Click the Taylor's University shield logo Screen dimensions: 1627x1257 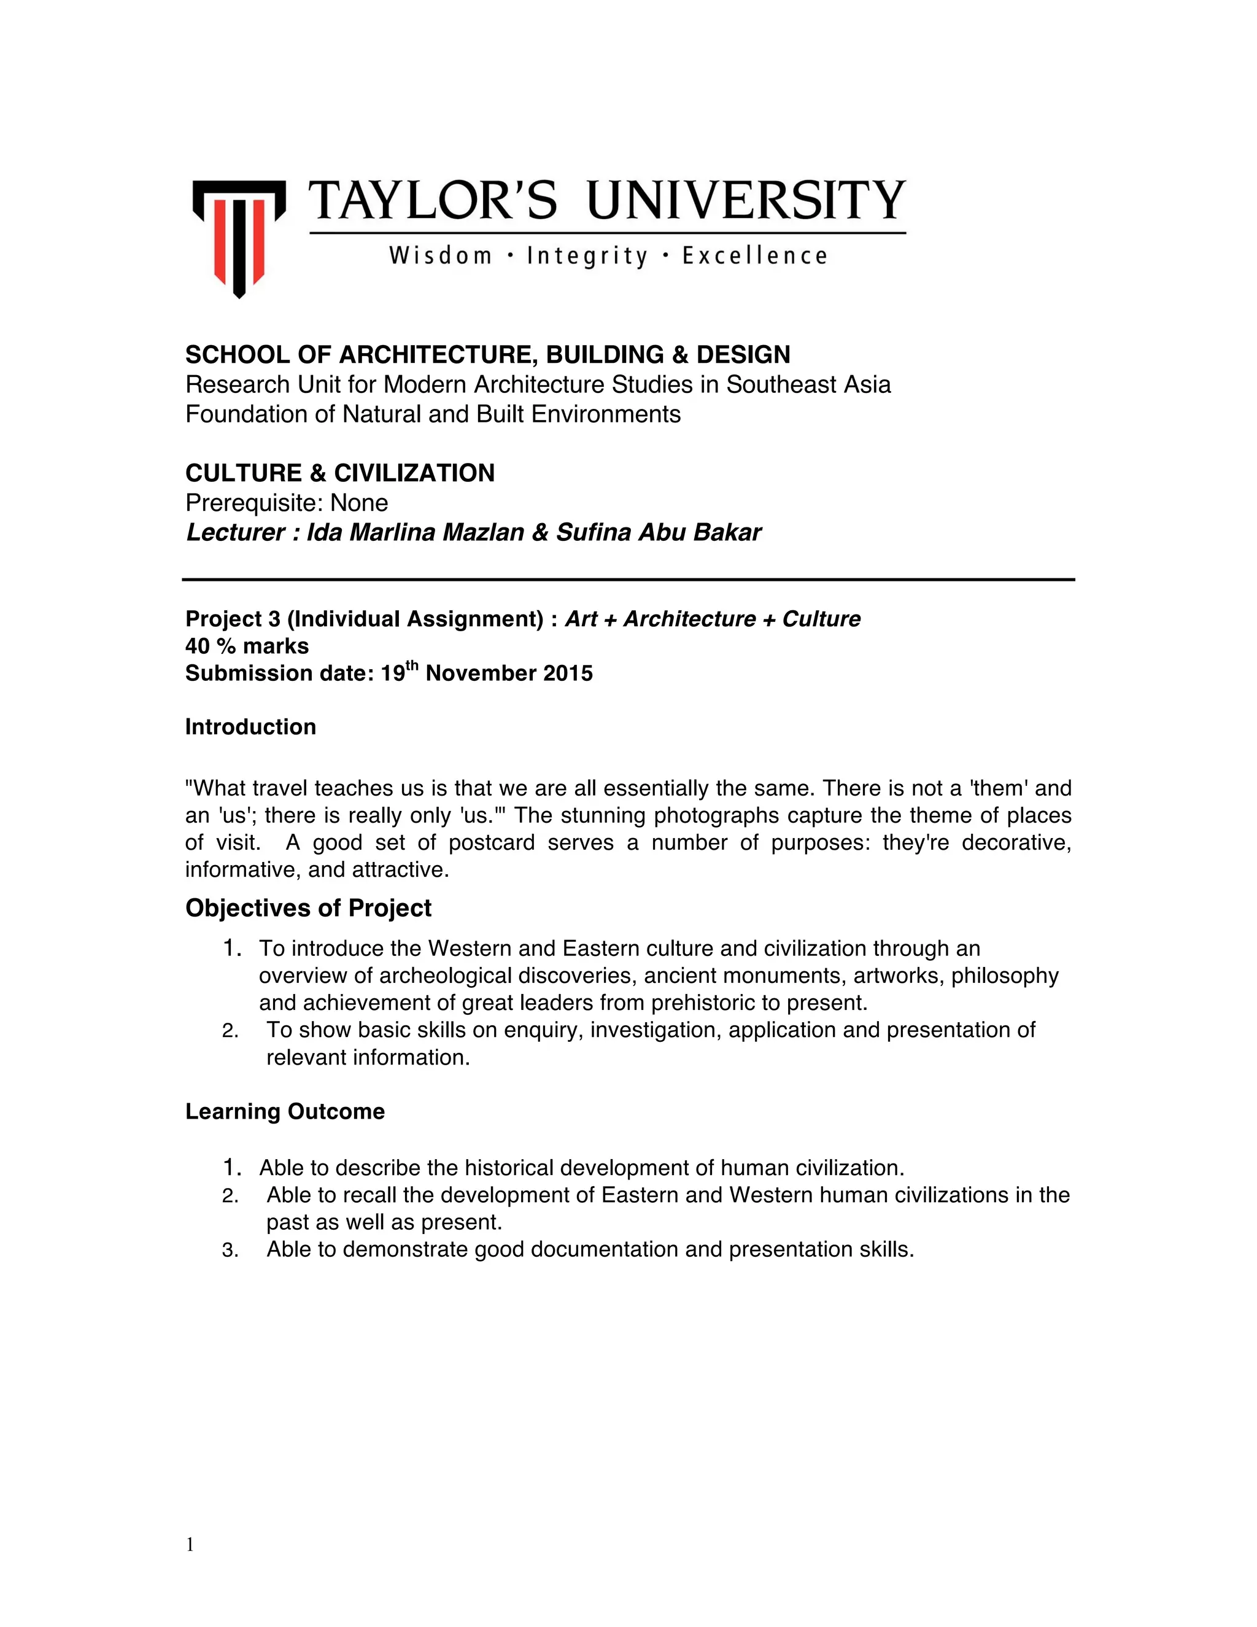tap(239, 237)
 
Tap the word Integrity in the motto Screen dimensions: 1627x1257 tap(587, 256)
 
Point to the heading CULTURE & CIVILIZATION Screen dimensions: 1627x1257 tap(339, 473)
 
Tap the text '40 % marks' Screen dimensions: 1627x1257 tap(247, 646)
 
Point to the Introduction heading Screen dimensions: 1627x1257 tap(250, 727)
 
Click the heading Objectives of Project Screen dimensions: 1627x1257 tap(308, 908)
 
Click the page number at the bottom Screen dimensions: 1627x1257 tap(190, 1545)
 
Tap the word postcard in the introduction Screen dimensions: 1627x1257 tap(492, 842)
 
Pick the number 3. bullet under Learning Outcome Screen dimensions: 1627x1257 tap(230, 1250)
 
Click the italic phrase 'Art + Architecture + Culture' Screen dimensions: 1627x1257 tap(713, 619)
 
